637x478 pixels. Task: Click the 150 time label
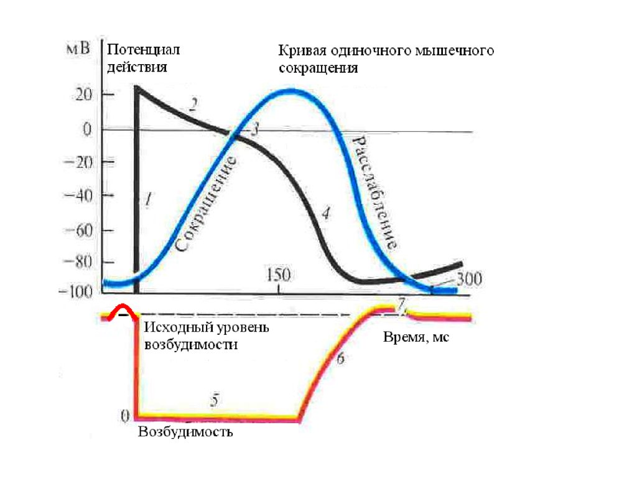pos(278,274)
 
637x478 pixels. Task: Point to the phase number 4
pos(326,213)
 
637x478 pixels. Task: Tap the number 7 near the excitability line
pos(402,303)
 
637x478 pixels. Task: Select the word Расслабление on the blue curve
pos(376,192)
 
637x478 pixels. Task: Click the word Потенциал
pos(144,49)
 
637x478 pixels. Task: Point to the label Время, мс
pos(415,337)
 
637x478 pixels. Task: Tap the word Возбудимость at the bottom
pos(185,431)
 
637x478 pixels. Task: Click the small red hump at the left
pos(121,310)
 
